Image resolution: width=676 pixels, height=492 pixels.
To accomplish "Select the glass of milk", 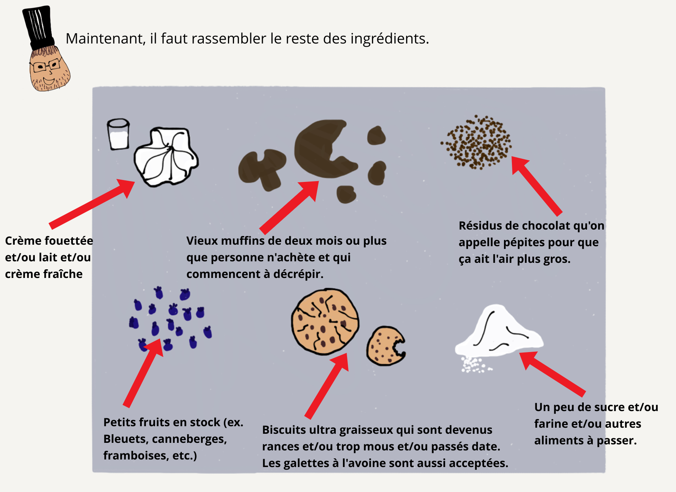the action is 118,134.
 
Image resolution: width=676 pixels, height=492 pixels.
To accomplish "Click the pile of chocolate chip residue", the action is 476,142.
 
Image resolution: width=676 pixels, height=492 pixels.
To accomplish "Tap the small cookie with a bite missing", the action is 385,346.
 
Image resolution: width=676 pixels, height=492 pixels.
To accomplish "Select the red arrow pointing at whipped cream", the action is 92,204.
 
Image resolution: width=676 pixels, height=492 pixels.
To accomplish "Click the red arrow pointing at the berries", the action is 143,372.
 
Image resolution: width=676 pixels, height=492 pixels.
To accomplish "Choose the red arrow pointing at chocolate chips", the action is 537,186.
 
